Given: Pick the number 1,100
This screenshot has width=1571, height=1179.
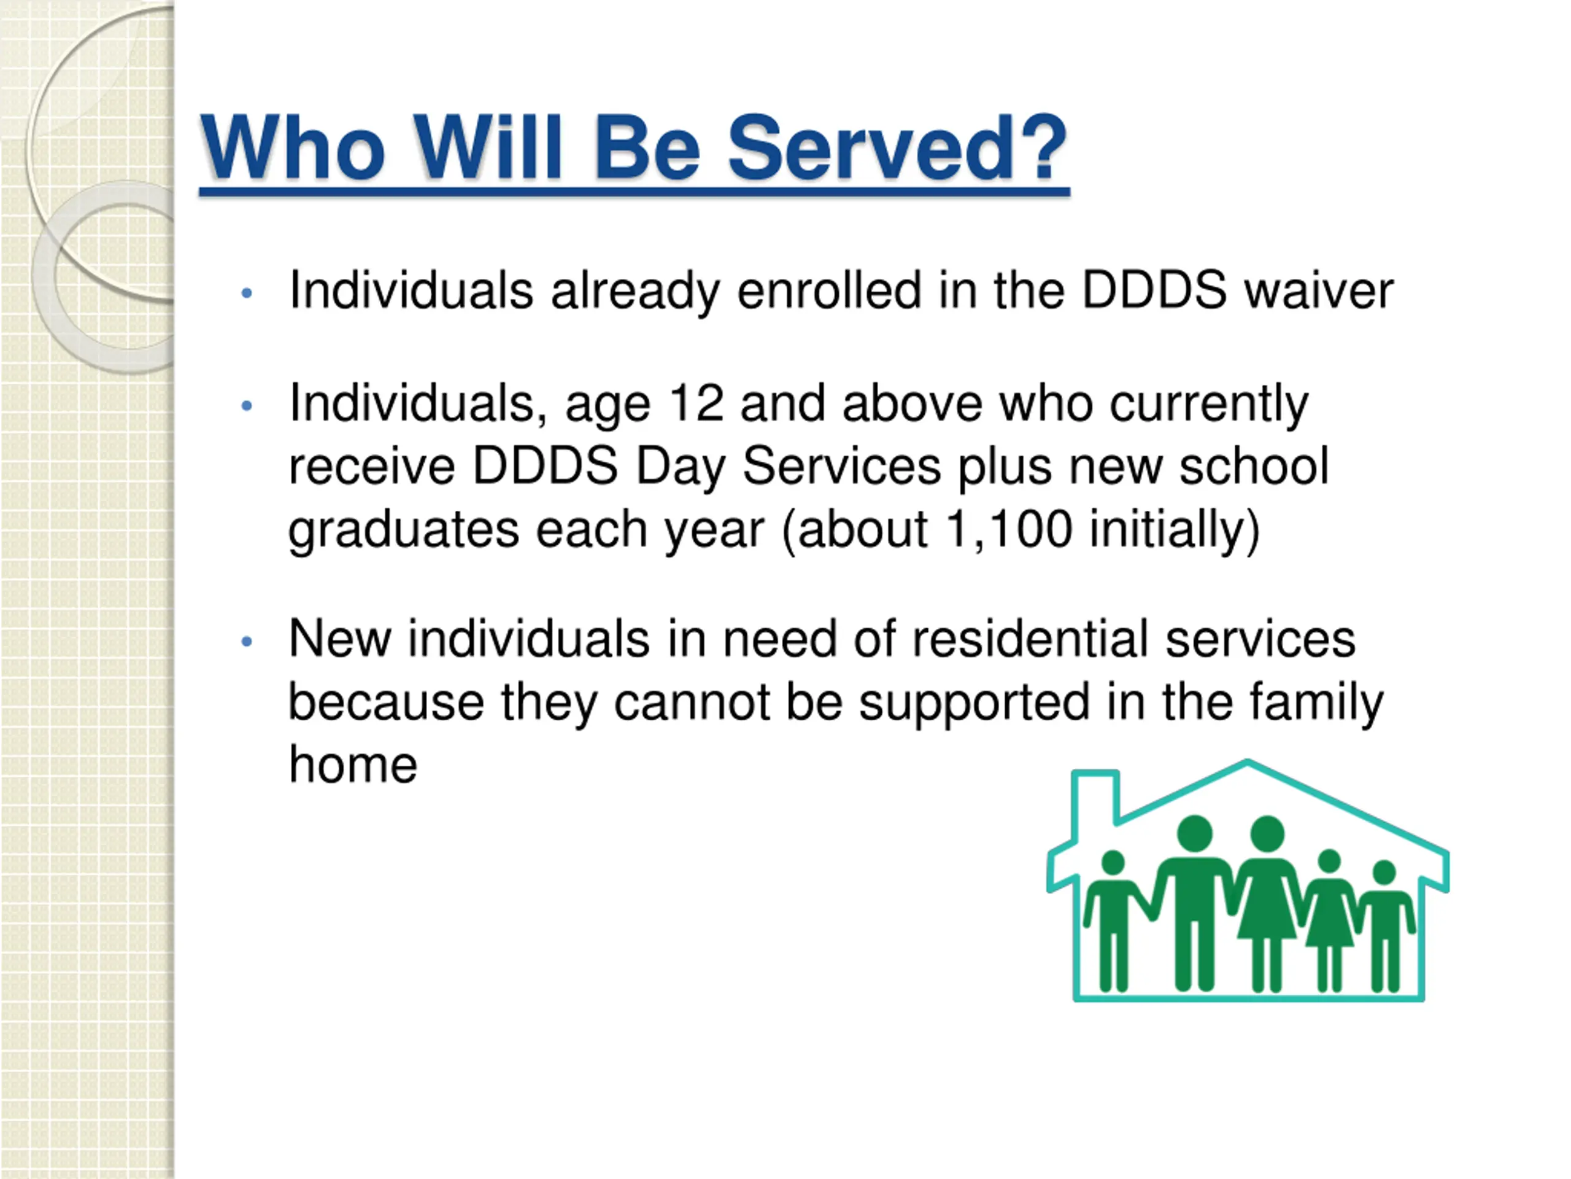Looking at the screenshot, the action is (x=1008, y=529).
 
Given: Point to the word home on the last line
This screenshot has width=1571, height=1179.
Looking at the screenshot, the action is (x=353, y=764).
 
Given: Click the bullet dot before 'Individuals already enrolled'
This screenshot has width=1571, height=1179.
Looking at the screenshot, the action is (x=247, y=293).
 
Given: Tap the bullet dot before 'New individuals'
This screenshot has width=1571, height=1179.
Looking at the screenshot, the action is (x=247, y=642).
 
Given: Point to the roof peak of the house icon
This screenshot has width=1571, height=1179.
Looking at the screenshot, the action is (x=1248, y=763).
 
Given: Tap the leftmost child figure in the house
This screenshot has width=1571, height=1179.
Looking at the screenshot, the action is (x=1113, y=921).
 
